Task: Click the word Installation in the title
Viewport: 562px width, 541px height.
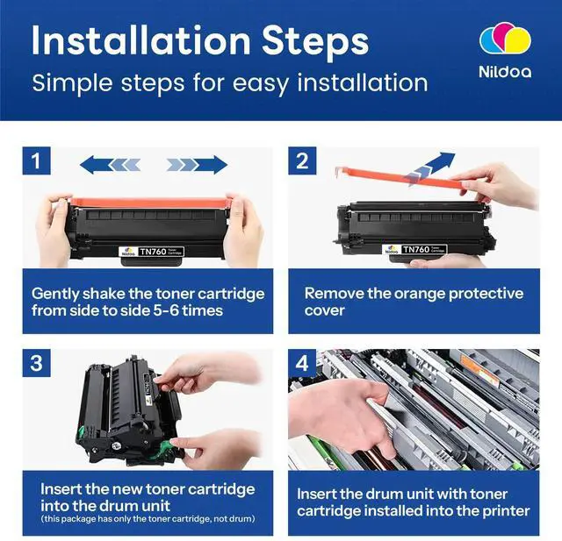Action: point(140,40)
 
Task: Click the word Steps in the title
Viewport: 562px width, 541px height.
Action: point(315,42)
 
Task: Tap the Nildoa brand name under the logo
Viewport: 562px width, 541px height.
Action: point(505,72)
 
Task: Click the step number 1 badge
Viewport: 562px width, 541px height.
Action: point(36,160)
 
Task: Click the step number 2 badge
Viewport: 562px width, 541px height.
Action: point(302,160)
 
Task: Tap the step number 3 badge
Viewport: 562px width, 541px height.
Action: point(36,363)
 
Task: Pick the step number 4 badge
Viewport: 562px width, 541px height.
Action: point(302,363)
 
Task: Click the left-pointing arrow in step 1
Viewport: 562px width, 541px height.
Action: point(110,165)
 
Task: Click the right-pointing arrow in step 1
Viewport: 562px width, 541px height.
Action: point(197,165)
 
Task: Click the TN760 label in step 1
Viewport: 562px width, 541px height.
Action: point(152,252)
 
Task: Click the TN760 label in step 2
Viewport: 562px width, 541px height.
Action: point(415,249)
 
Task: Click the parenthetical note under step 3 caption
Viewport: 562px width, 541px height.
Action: point(148,519)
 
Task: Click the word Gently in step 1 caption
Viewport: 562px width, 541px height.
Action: point(54,295)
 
